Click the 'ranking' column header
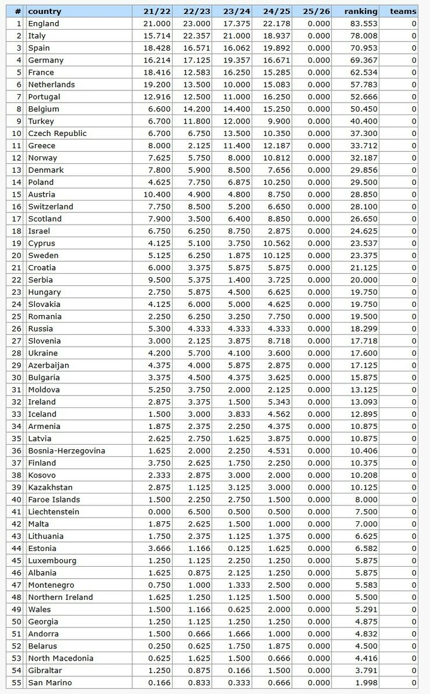click(360, 11)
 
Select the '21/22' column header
click(152, 11)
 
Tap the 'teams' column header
click(403, 11)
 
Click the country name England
click(44, 23)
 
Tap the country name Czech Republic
click(58, 133)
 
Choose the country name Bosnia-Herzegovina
click(66, 451)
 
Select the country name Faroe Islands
click(54, 500)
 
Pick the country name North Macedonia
click(61, 658)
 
